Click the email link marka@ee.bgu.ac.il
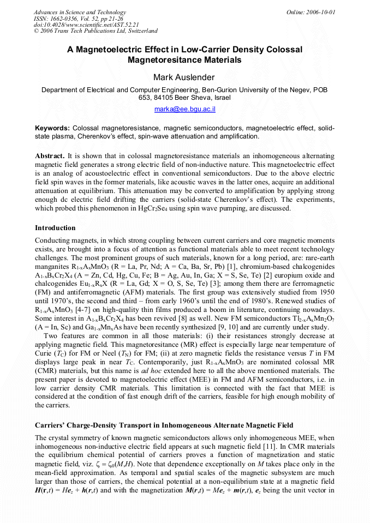184,109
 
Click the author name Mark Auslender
184,76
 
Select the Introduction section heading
55,228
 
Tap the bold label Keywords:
52,128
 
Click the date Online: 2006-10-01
311,13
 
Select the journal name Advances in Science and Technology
80,13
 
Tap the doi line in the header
86,25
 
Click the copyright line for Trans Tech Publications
96,31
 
